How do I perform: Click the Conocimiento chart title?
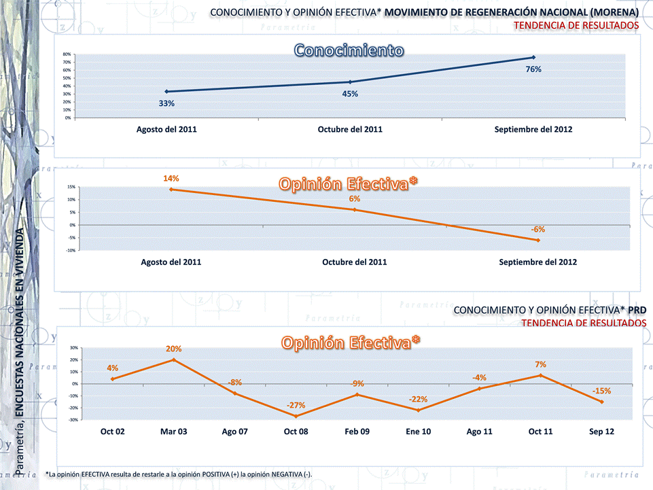[x=349, y=51]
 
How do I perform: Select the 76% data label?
[x=533, y=69]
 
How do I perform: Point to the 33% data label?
[x=167, y=103]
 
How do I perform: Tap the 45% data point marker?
[x=350, y=82]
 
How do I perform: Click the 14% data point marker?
[x=171, y=189]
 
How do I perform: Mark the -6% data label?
[x=537, y=229]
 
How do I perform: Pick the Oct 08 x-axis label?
[x=296, y=432]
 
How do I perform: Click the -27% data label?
[x=296, y=405]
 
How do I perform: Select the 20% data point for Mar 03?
[x=173, y=360]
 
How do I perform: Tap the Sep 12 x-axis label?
[x=602, y=432]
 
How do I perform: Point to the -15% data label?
[x=601, y=391]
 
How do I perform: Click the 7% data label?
[x=540, y=365]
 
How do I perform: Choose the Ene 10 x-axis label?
[x=418, y=432]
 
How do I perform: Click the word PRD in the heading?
[x=637, y=310]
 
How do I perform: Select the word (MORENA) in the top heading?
[x=614, y=12]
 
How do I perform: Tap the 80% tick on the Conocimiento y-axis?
[x=67, y=54]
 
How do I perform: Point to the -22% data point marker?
[x=418, y=410]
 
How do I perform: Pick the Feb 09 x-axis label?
[x=357, y=432]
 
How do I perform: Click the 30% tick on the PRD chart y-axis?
[x=73, y=347]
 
